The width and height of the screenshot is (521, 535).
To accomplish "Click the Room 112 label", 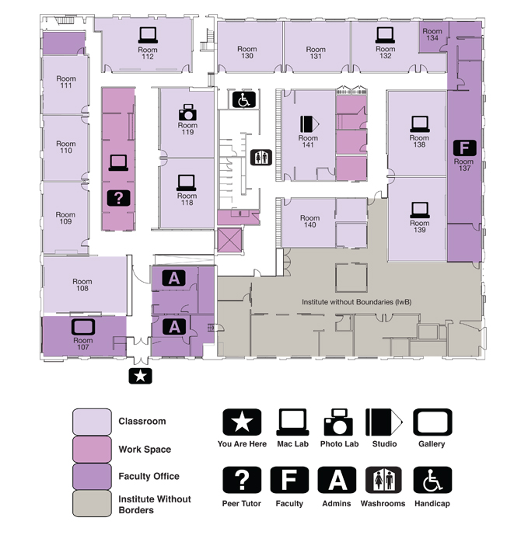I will (x=148, y=53).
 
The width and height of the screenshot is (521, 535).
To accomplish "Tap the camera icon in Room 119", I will (x=187, y=112).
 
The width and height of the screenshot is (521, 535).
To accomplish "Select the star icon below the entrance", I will (x=141, y=377).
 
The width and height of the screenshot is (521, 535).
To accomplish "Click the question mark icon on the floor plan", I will (x=118, y=196).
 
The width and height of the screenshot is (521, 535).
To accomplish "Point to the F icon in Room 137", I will (x=463, y=147).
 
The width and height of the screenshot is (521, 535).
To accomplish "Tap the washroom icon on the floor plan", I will (x=262, y=157).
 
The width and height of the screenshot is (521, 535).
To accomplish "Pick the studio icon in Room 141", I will (x=309, y=123).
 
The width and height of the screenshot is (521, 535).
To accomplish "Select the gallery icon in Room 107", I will (x=82, y=326).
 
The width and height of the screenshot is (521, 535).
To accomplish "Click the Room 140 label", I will (x=309, y=222).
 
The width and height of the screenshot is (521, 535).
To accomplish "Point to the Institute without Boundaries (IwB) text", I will (x=355, y=301).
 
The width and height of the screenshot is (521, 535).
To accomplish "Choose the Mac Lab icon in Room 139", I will (x=419, y=208).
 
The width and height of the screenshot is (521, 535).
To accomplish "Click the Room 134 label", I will (x=433, y=35).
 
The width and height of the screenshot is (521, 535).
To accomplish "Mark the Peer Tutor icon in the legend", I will (x=243, y=480).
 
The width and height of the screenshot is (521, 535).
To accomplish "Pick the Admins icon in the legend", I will (x=337, y=480).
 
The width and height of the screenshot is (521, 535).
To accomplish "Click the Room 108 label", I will (x=82, y=285).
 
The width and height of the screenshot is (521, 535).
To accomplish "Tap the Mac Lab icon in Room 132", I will (x=385, y=34).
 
